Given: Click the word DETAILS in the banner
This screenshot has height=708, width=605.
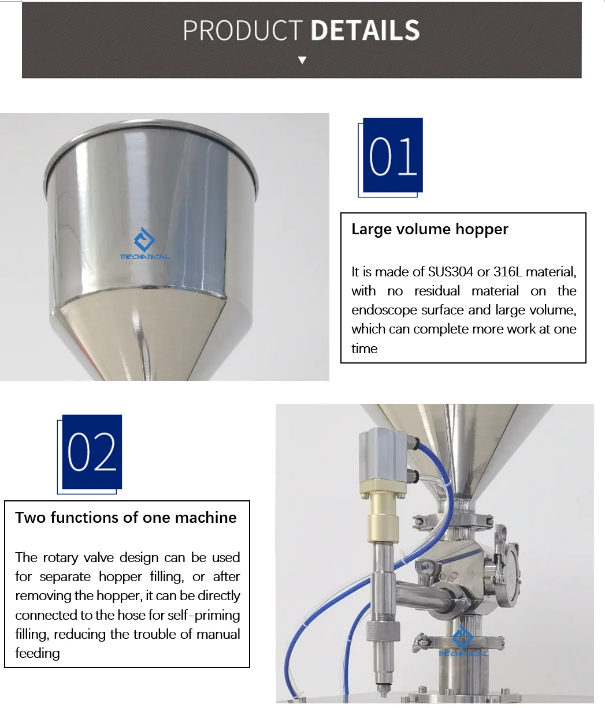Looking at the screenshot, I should pyautogui.click(x=365, y=31).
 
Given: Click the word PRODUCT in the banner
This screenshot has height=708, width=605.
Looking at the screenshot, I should pyautogui.click(x=243, y=31).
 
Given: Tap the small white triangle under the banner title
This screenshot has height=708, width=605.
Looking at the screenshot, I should pyautogui.click(x=302, y=60).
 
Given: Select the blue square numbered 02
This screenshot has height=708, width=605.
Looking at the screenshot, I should pyautogui.click(x=92, y=452).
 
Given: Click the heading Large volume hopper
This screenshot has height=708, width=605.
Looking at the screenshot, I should pyautogui.click(x=429, y=229).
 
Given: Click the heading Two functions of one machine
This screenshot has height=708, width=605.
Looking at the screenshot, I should pyautogui.click(x=126, y=517).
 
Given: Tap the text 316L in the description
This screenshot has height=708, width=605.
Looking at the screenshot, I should pyautogui.click(x=507, y=272).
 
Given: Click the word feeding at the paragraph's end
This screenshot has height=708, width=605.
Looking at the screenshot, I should pyautogui.click(x=38, y=653).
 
